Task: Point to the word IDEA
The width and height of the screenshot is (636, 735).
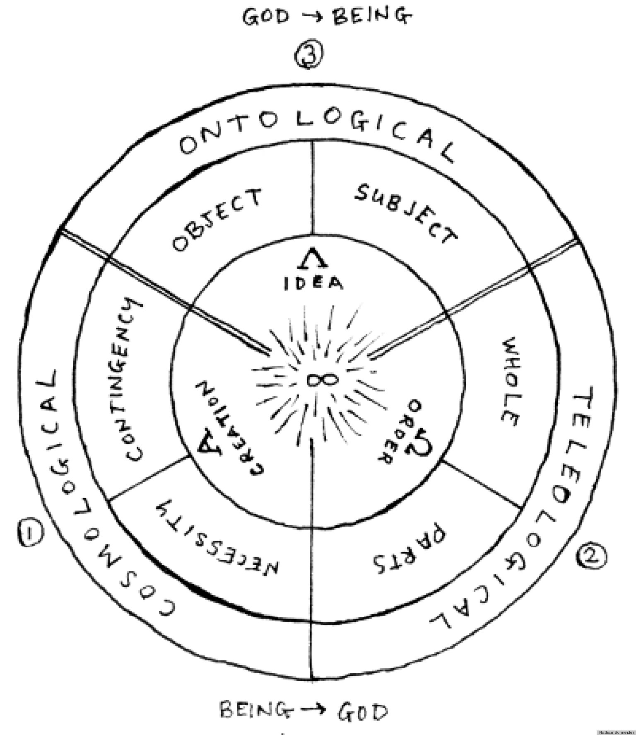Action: pos(313,284)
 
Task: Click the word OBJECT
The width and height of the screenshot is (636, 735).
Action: pos(217,220)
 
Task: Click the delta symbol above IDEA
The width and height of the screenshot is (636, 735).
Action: pos(313,260)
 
